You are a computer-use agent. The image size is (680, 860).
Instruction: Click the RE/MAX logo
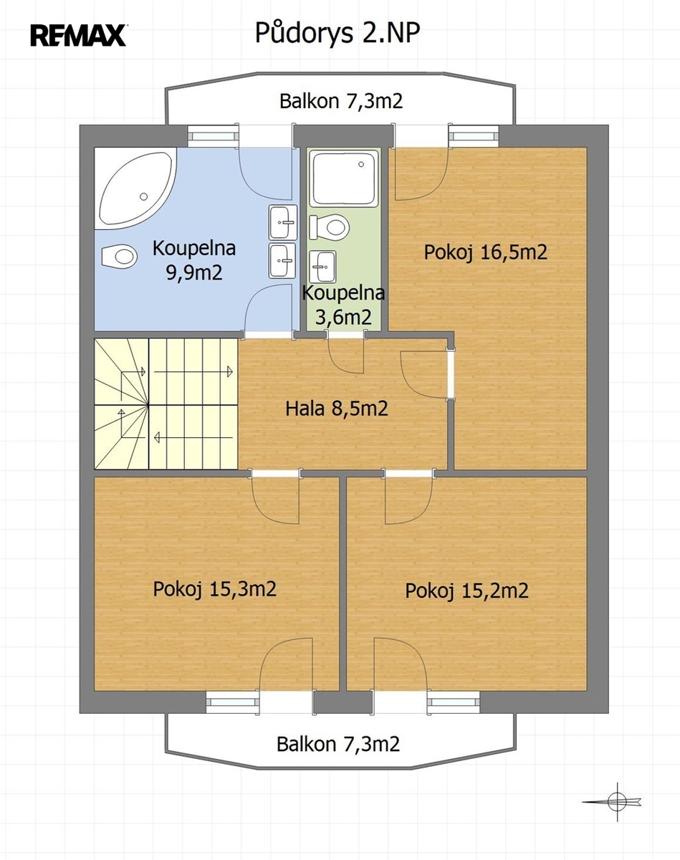pyautogui.click(x=79, y=35)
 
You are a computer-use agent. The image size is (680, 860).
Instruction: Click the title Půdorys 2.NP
pyautogui.click(x=337, y=33)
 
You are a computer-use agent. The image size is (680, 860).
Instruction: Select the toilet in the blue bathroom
pyautogui.click(x=120, y=256)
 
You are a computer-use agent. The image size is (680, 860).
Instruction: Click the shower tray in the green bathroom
pyautogui.click(x=344, y=178)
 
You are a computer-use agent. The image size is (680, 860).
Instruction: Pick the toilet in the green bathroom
pyautogui.click(x=330, y=227)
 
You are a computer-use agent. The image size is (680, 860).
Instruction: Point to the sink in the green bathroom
pyautogui.click(x=323, y=267)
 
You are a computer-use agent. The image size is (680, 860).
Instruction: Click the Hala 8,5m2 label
pyautogui.click(x=337, y=408)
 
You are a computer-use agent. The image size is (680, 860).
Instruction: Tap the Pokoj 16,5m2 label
pyautogui.click(x=485, y=252)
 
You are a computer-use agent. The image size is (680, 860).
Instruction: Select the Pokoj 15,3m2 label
pyautogui.click(x=215, y=589)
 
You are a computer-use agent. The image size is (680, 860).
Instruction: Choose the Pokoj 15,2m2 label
pyautogui.click(x=467, y=591)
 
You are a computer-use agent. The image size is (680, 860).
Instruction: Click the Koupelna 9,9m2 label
pyautogui.click(x=194, y=260)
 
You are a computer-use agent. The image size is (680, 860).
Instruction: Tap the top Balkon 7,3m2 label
pyautogui.click(x=341, y=101)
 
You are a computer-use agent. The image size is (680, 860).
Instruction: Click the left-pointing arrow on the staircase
pyautogui.click(x=193, y=438)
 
